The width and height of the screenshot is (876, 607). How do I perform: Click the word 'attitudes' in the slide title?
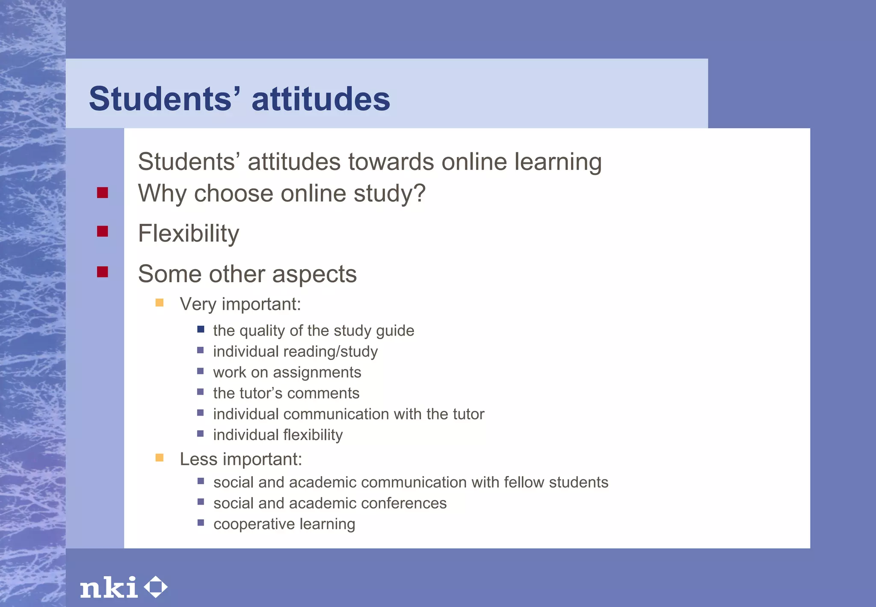point(321,99)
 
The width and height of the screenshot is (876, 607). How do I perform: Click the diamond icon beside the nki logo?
point(156,587)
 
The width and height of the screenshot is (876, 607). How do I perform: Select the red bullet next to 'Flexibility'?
point(103,232)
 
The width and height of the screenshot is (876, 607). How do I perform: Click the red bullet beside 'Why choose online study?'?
point(103,193)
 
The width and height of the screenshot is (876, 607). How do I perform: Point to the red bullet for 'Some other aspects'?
point(103,272)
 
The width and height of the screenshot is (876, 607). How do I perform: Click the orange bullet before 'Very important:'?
point(160,303)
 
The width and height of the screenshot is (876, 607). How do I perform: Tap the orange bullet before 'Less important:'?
point(160,458)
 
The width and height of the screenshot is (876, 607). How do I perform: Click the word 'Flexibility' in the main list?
point(189,234)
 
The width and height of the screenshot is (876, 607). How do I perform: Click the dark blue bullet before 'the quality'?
point(201,329)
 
